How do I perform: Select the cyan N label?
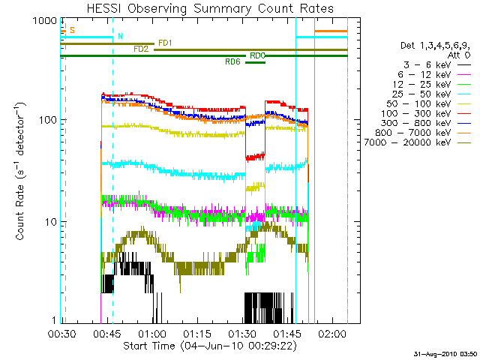tap(120, 36)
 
